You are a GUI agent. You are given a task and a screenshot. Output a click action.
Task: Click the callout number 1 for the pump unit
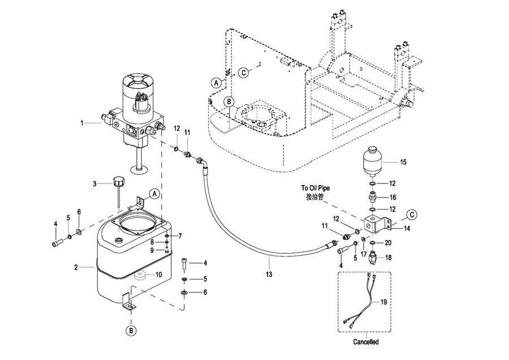point(82,123)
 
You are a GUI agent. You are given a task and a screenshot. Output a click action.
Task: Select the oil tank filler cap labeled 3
point(118,181)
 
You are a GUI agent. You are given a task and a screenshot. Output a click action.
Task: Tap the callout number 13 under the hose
point(269,275)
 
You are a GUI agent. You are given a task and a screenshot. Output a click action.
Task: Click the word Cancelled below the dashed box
point(366,342)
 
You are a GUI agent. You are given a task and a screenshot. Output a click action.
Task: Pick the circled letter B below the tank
point(131,331)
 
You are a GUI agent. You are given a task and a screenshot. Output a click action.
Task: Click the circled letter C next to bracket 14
point(412,215)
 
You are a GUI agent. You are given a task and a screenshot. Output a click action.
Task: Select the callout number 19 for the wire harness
point(383,302)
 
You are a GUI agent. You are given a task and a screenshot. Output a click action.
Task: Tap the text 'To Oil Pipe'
point(315,188)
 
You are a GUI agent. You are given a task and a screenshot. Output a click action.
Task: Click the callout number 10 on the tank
point(158,275)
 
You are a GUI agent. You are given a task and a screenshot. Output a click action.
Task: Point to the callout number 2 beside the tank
point(76,268)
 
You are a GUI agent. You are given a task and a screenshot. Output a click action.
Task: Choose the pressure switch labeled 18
point(374,258)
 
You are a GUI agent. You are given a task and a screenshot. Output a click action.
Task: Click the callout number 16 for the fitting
point(392,198)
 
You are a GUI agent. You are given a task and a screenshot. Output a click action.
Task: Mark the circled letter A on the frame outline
point(217,83)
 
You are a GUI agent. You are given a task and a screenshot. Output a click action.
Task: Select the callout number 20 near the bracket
point(388,243)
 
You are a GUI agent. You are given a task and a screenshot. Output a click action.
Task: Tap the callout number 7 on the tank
point(180,236)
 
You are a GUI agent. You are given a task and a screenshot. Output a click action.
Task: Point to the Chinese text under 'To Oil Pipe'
point(314,197)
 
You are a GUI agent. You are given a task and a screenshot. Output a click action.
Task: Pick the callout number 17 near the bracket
point(364,254)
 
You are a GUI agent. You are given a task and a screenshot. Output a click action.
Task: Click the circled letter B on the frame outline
point(229,102)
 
